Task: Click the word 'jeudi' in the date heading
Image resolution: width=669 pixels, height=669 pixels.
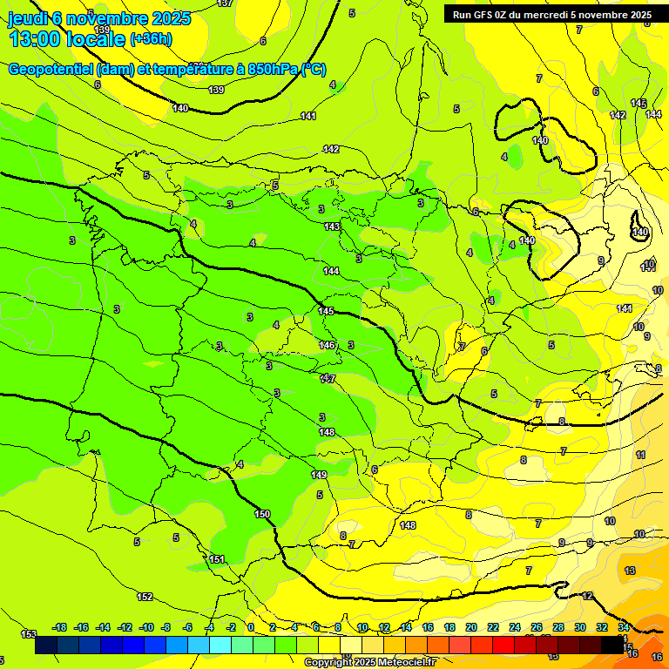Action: pos(27,17)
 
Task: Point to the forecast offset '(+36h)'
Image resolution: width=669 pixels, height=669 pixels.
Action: pos(152,39)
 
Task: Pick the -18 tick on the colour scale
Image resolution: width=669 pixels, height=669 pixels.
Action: pos(59,627)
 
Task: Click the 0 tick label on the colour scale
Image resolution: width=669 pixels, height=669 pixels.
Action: pos(251,627)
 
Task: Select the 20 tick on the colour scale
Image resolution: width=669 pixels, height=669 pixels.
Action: pos(471,627)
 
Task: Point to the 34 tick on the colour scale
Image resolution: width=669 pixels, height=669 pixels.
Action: pos(624,627)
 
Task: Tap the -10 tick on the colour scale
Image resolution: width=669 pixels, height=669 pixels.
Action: pos(145,627)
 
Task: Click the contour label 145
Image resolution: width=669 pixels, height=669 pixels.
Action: pos(326,311)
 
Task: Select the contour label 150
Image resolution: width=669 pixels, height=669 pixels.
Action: pos(262,514)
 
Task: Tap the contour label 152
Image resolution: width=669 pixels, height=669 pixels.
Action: pos(145,597)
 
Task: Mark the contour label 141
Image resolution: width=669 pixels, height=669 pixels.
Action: pos(308,116)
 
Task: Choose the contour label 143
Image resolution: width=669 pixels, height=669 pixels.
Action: pos(332,226)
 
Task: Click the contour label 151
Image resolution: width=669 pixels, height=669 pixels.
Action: pos(217,559)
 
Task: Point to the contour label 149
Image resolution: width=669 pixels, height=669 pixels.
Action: pos(319,475)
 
